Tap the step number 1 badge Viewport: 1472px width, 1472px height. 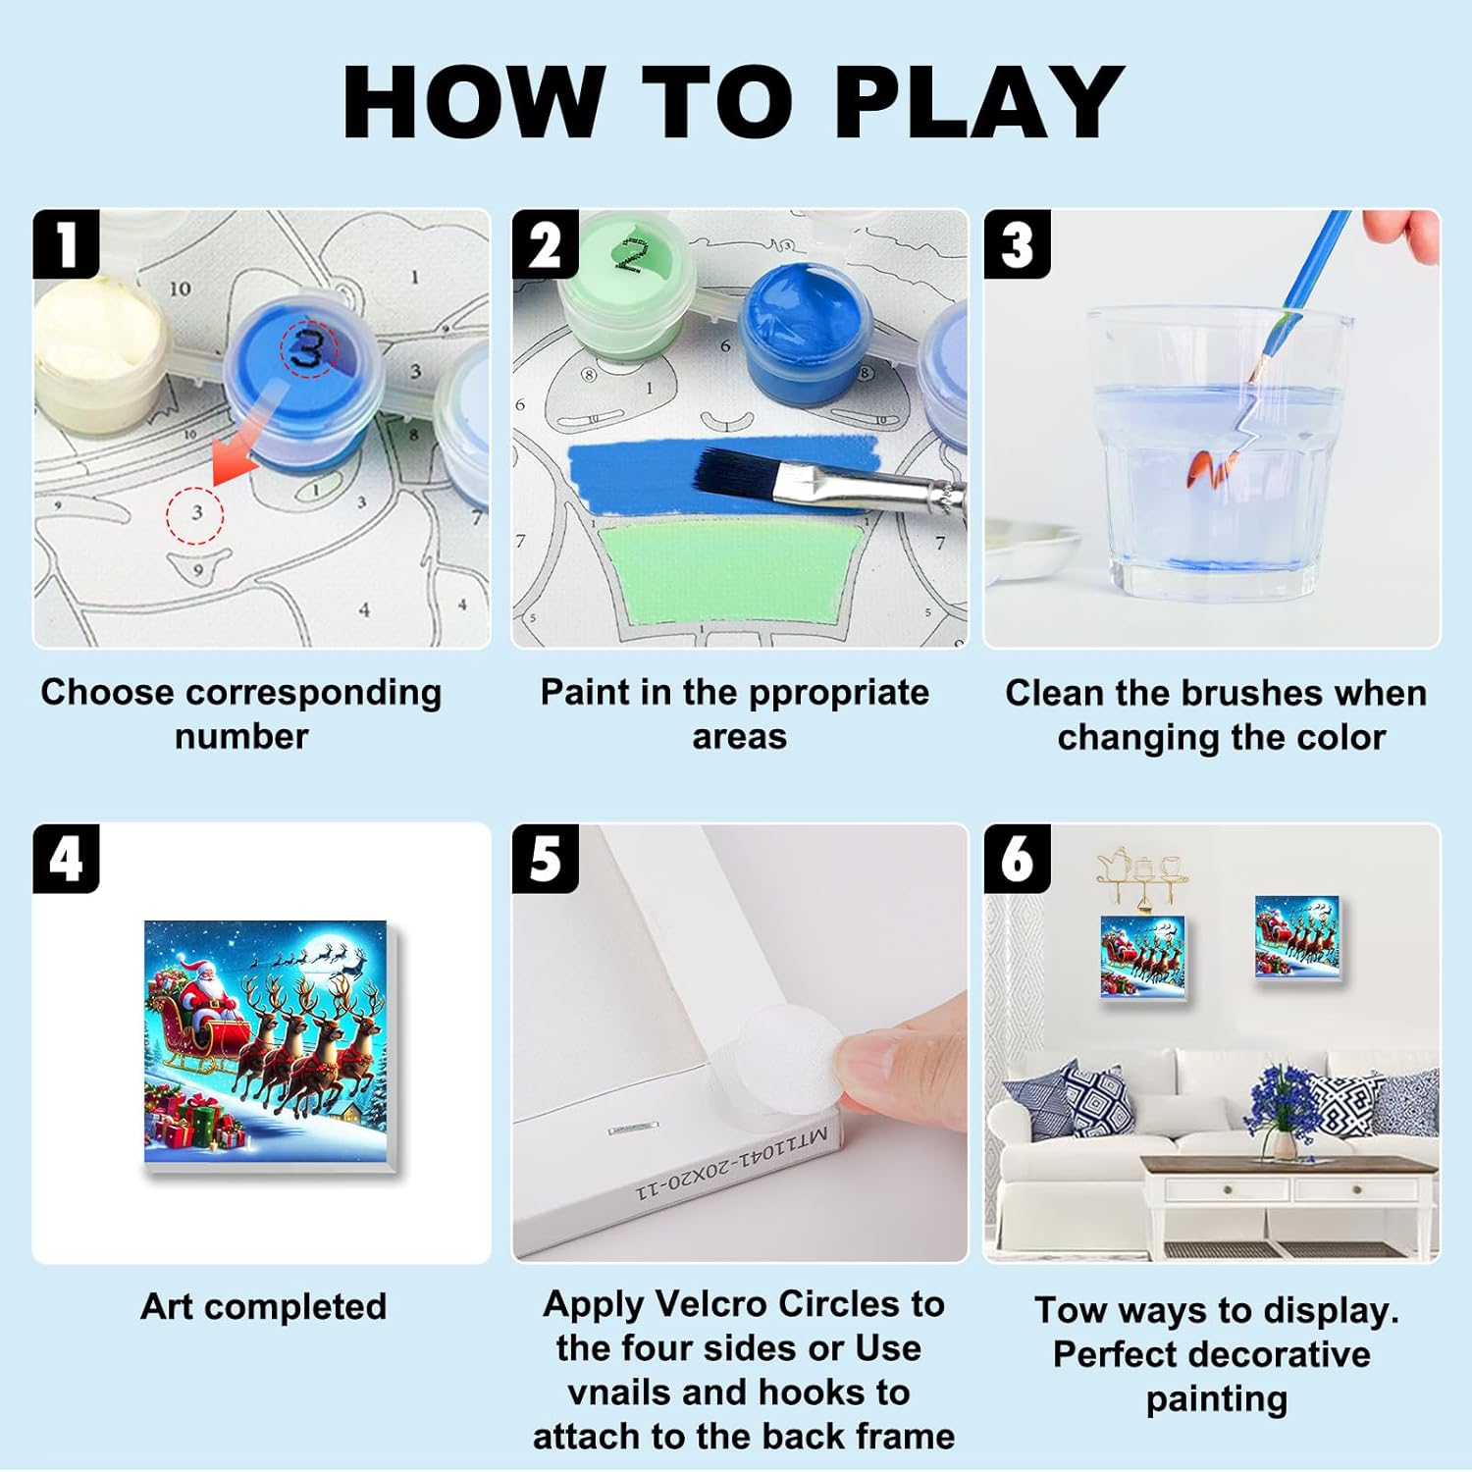pos(66,244)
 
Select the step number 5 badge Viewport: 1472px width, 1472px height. pos(546,859)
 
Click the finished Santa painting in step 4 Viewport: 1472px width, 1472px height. pos(273,1046)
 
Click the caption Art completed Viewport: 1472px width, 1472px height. pos(264,1308)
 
